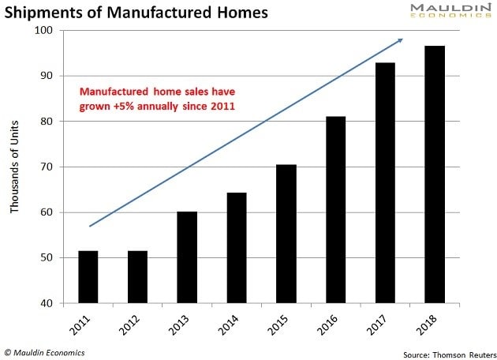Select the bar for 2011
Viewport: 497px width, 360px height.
tap(88, 276)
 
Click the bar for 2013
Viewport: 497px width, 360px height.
tap(187, 257)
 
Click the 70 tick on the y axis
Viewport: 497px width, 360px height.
tap(45, 167)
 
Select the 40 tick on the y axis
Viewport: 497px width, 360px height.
tap(45, 303)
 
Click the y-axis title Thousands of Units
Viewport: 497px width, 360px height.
tap(15, 167)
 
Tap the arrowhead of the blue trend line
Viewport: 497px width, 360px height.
tap(401, 39)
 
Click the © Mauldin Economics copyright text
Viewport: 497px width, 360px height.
tap(45, 352)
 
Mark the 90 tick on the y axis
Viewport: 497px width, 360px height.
tap(45, 76)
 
